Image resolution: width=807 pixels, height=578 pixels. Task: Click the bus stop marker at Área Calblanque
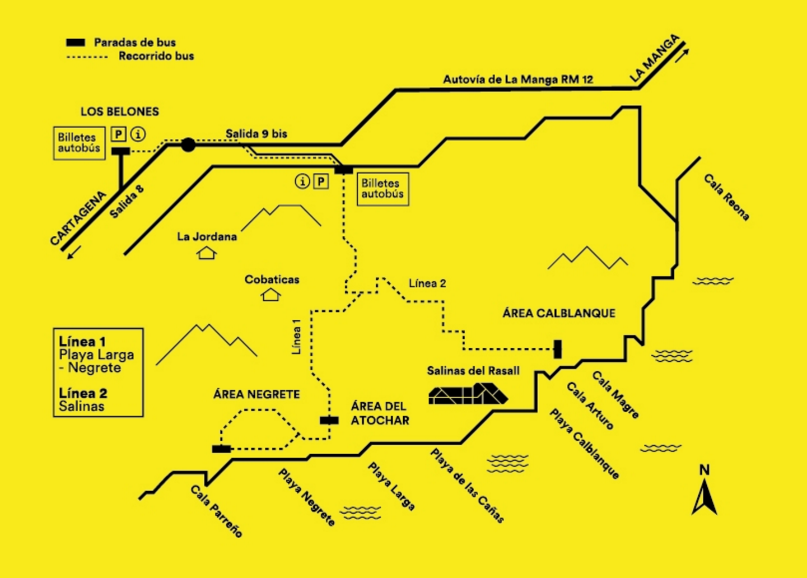557,349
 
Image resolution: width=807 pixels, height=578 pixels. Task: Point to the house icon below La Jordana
207,253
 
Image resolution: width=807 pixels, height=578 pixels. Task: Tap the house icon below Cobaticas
271,295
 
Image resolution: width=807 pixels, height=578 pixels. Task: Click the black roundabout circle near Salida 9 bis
188,145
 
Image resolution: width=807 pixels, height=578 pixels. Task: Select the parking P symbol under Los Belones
119,134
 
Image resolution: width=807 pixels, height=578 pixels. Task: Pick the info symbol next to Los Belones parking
138,134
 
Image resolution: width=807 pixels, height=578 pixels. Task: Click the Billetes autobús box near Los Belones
80,143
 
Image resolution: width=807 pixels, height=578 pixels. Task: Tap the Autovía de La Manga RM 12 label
517,80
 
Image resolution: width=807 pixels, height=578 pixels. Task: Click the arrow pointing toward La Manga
682,56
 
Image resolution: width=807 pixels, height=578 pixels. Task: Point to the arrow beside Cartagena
74,252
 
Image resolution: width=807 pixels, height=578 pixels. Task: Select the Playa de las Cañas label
467,485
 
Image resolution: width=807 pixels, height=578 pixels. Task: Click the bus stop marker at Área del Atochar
329,420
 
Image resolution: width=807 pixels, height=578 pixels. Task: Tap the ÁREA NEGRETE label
256,395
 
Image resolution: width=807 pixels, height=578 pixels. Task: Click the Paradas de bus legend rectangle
76,43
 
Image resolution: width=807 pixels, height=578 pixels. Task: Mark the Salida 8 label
127,202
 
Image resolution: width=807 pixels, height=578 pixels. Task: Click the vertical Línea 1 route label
296,337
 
